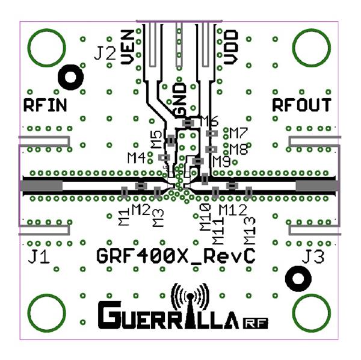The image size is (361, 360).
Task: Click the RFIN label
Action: (45, 105)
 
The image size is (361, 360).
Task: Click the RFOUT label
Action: (301, 105)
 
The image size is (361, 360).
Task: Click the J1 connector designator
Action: (40, 258)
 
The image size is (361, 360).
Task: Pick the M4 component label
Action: (137, 158)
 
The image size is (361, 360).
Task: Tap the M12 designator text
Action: (232, 209)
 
